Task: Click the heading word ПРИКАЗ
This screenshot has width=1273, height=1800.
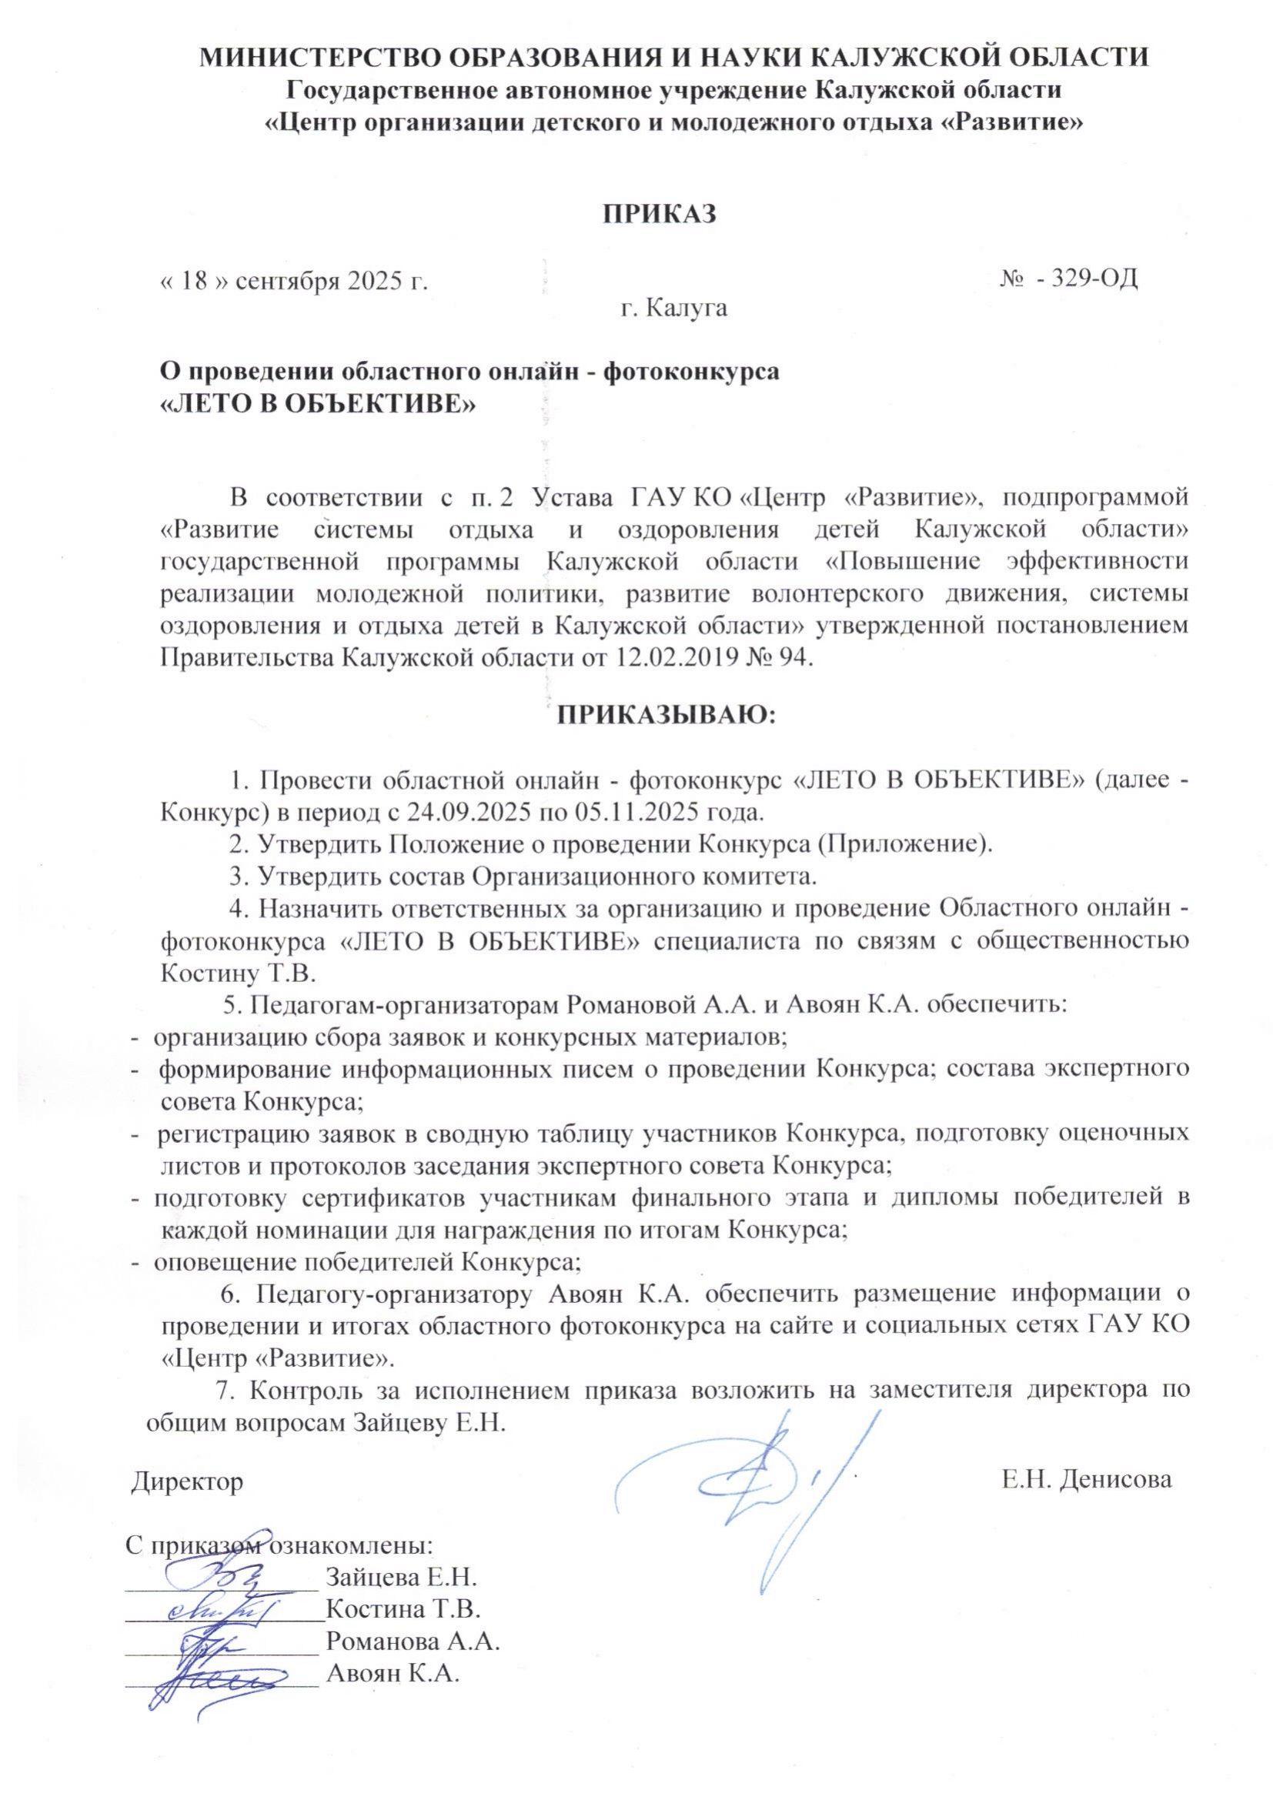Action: click(x=660, y=214)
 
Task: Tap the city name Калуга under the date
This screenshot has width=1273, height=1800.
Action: click(x=692, y=308)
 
